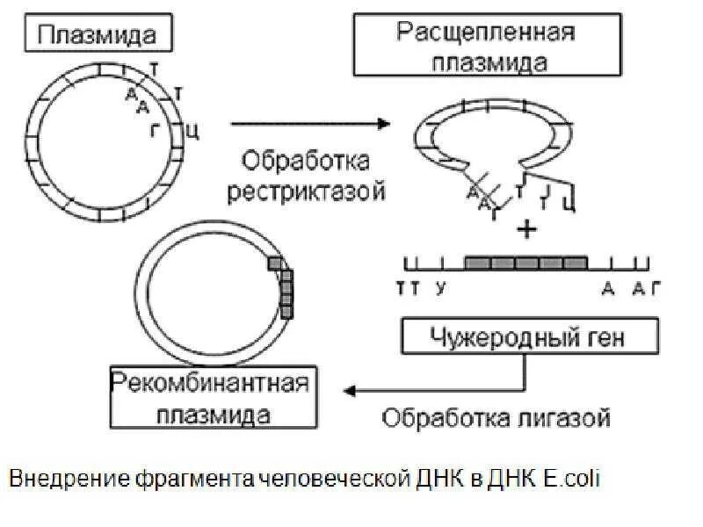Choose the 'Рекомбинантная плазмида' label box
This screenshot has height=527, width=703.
213,398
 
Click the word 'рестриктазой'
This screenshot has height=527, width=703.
305,191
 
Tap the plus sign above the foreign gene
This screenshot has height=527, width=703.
526,230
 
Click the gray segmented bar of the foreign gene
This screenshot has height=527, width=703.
525,263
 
